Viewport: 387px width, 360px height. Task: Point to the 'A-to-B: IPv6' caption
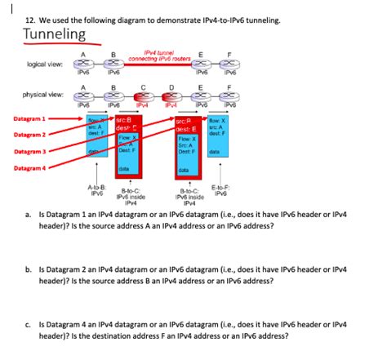pos(96,190)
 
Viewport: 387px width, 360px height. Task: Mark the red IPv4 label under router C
pos(142,105)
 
